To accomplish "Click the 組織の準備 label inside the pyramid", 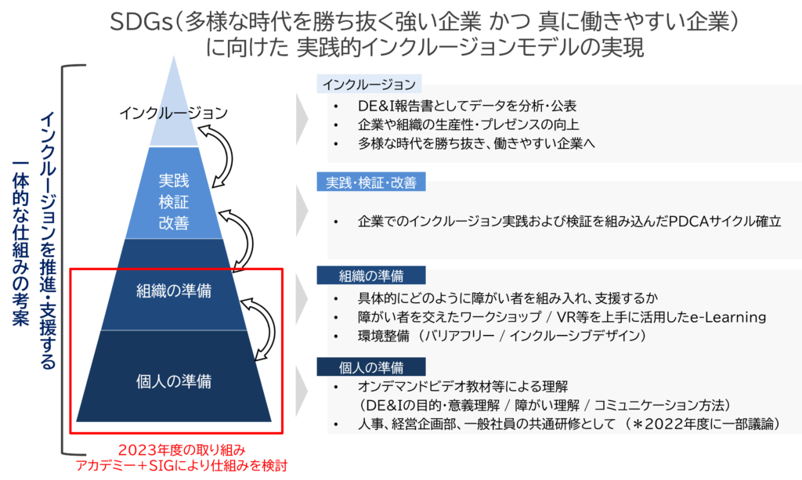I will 173,291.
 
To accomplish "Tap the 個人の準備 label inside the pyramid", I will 173,382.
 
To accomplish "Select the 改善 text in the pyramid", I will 173,223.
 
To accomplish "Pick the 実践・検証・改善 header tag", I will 371,182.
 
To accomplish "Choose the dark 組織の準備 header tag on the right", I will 371,276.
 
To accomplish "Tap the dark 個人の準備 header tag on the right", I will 371,367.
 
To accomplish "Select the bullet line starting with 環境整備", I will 501,336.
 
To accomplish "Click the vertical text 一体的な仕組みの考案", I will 21,243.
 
